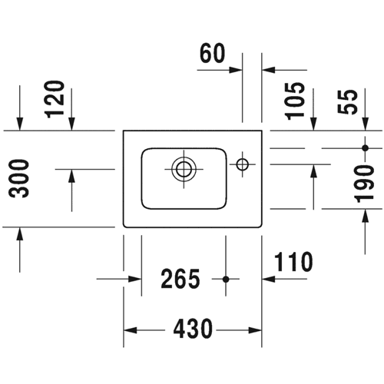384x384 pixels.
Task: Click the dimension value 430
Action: (x=193, y=329)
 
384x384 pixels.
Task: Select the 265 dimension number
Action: (x=180, y=279)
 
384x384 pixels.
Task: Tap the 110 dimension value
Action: (x=293, y=261)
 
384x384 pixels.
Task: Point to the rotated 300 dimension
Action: (x=18, y=178)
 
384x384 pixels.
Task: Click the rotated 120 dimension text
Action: (x=55, y=99)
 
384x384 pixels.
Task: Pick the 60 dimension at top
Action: (x=213, y=53)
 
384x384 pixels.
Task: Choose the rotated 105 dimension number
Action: (x=296, y=101)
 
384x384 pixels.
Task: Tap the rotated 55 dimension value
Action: (x=347, y=102)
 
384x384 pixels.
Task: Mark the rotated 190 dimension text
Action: (x=364, y=184)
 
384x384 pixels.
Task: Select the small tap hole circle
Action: (x=243, y=164)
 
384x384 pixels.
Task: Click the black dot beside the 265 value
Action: (x=226, y=280)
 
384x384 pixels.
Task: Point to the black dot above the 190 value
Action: (x=366, y=148)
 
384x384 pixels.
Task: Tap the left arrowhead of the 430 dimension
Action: (x=131, y=330)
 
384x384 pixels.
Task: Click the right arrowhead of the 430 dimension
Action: (x=255, y=330)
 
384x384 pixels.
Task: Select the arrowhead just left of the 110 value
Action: (x=269, y=279)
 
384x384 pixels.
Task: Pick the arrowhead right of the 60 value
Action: (x=236, y=70)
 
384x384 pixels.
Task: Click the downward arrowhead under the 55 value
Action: (x=366, y=124)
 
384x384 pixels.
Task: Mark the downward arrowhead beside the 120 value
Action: (x=72, y=124)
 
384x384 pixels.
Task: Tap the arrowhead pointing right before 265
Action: (x=135, y=279)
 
